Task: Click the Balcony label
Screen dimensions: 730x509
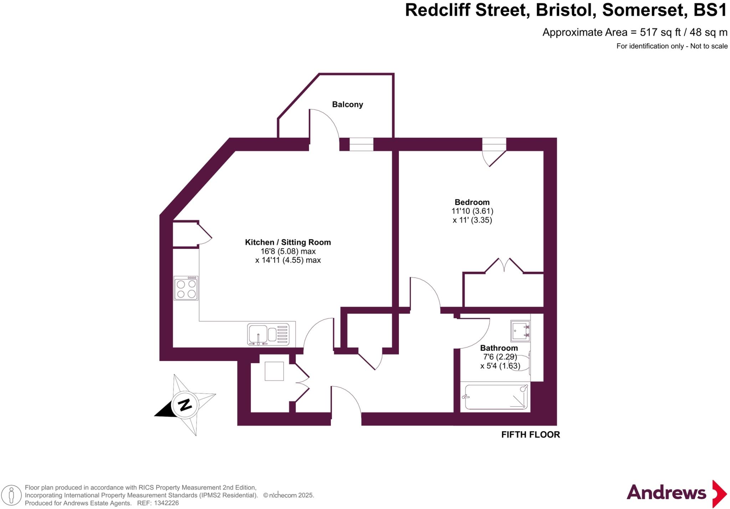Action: [x=348, y=105]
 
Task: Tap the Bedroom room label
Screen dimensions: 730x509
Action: [x=472, y=202]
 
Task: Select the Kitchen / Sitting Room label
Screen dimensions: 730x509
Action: [x=288, y=242]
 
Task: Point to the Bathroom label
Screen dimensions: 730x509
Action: [x=499, y=348]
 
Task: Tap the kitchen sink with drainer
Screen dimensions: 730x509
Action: [x=268, y=335]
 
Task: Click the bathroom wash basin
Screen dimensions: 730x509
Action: [x=520, y=331]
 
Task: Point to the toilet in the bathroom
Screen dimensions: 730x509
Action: [x=521, y=363]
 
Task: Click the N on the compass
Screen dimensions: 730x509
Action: [x=185, y=405]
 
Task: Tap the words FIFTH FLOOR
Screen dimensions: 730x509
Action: [x=531, y=434]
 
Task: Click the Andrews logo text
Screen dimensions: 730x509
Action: [x=666, y=493]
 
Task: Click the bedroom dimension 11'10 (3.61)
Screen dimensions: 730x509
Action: [x=472, y=211]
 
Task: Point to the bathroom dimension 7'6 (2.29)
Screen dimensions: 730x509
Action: [x=500, y=357]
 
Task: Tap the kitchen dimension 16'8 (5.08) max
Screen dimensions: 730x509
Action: [x=288, y=251]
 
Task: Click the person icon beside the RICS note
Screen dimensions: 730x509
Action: [x=11, y=495]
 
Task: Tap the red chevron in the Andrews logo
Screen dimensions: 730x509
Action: [x=719, y=494]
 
